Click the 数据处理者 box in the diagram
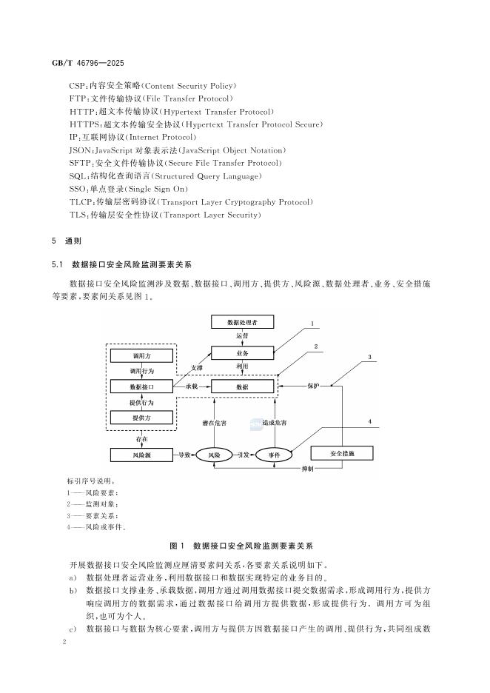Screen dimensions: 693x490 coord(242,322)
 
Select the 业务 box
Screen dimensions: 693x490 coord(242,354)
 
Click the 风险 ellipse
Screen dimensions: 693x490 coord(215,454)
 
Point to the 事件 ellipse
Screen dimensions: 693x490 coord(272,454)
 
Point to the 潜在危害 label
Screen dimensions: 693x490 coord(214,423)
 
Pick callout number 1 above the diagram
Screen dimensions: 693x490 coord(312,324)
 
